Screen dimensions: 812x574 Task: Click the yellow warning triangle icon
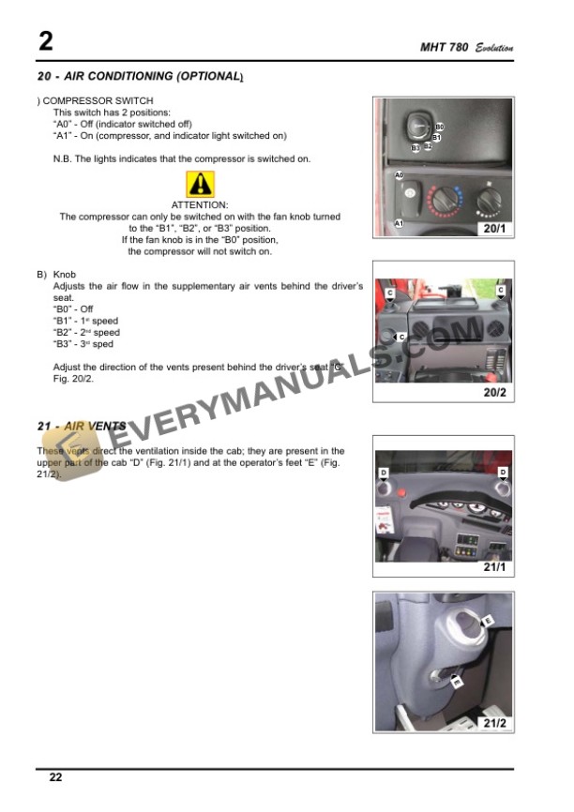click(x=200, y=185)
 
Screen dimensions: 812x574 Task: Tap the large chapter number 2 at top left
click(x=45, y=41)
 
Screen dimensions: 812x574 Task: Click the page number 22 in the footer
click(x=55, y=777)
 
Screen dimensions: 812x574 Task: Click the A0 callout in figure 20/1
click(x=399, y=175)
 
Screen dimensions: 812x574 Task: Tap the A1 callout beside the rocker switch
click(x=399, y=223)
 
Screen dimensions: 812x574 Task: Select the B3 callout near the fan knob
click(x=415, y=148)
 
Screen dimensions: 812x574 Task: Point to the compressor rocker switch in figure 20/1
click(x=411, y=199)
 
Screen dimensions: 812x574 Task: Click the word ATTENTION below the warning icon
click(x=200, y=204)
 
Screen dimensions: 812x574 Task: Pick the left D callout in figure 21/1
click(x=383, y=472)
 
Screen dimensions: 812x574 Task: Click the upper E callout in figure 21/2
click(x=487, y=621)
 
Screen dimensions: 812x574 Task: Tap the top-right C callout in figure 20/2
click(x=501, y=291)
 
